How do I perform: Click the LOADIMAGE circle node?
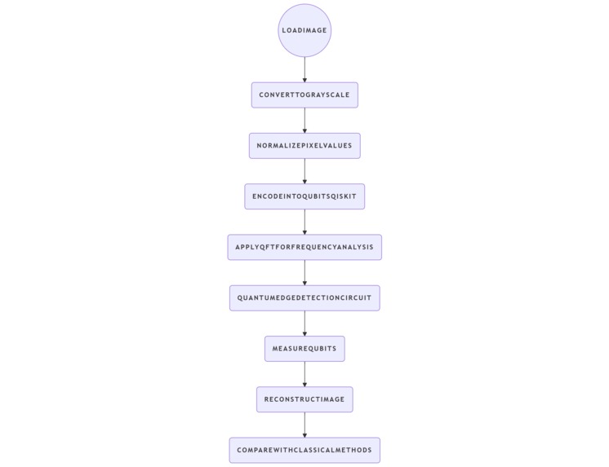[x=304, y=30]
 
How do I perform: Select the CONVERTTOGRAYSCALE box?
[x=304, y=95]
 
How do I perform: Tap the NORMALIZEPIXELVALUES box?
[x=304, y=146]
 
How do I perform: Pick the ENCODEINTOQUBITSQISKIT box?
[x=304, y=196]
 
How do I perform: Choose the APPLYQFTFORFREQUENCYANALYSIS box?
[x=304, y=247]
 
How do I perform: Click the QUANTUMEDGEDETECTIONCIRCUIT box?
[x=304, y=297]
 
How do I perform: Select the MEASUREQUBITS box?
[x=304, y=349]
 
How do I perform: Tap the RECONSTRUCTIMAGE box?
[x=304, y=399]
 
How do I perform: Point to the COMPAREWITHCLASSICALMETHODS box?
[x=304, y=450]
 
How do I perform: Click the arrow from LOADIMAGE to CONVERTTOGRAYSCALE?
[x=304, y=69]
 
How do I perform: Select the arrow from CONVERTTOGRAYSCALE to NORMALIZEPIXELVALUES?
[x=304, y=120]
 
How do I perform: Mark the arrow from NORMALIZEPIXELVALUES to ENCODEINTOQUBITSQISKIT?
[x=304, y=171]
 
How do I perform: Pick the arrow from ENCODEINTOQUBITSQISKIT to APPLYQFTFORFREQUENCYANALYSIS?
[x=304, y=222]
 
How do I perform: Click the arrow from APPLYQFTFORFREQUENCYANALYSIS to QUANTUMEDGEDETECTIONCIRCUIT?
[x=304, y=272]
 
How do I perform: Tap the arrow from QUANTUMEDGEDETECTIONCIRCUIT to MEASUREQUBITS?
[x=304, y=323]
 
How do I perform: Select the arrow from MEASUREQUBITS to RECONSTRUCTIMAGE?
[x=304, y=374]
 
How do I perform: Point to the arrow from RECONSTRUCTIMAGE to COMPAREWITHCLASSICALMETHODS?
[x=304, y=425]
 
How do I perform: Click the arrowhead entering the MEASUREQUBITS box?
[x=304, y=333]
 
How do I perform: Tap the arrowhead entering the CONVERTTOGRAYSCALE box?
[x=304, y=79]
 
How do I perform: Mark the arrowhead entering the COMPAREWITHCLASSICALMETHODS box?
[x=304, y=434]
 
